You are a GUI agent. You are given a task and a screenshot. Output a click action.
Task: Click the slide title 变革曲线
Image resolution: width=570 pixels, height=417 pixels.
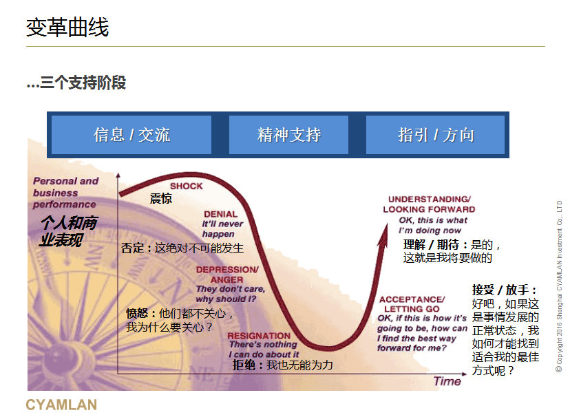(x=67, y=28)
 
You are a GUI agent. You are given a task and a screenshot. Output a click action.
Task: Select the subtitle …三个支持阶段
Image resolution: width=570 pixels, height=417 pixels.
(x=76, y=83)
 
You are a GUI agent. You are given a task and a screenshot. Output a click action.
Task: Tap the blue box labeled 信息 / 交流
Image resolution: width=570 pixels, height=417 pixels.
(x=131, y=135)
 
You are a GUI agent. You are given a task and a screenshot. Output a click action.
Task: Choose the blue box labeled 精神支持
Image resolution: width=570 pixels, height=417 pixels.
(x=288, y=135)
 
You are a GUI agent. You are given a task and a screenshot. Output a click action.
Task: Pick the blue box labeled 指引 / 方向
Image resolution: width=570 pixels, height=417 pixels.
(x=435, y=135)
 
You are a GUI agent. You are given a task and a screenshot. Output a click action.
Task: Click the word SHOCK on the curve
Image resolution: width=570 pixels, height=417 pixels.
(x=186, y=186)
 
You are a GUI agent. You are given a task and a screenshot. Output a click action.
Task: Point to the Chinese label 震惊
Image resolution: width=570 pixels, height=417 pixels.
(x=161, y=198)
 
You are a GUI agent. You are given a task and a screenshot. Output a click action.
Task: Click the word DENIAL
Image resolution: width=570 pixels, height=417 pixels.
(x=220, y=214)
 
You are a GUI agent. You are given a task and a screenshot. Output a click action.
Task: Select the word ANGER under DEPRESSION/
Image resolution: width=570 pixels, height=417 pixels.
(x=226, y=279)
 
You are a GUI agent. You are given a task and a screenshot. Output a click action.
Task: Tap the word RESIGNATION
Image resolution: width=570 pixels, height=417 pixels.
(x=259, y=336)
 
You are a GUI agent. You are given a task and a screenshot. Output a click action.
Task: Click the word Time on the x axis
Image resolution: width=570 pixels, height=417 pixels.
(x=447, y=381)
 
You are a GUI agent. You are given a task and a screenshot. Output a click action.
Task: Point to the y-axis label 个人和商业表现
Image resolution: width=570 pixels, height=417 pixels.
(x=68, y=231)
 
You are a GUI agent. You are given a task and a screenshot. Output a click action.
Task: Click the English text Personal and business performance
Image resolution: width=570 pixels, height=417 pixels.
(x=66, y=193)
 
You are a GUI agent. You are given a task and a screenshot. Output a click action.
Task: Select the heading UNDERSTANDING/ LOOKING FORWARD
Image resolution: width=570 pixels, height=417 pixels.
(x=429, y=204)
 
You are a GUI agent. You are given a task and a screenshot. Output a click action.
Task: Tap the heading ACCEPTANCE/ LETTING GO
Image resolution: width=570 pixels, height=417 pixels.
(x=412, y=304)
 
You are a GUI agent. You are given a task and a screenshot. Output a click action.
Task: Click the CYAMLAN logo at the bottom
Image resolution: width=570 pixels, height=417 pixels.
(x=61, y=405)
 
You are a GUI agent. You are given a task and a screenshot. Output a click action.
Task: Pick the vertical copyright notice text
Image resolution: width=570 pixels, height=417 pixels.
(x=559, y=286)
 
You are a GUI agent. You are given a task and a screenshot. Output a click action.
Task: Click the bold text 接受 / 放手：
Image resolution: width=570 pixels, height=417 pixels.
(x=505, y=290)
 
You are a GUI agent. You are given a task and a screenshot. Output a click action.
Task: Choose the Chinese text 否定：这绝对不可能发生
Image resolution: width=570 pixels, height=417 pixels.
(x=182, y=248)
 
